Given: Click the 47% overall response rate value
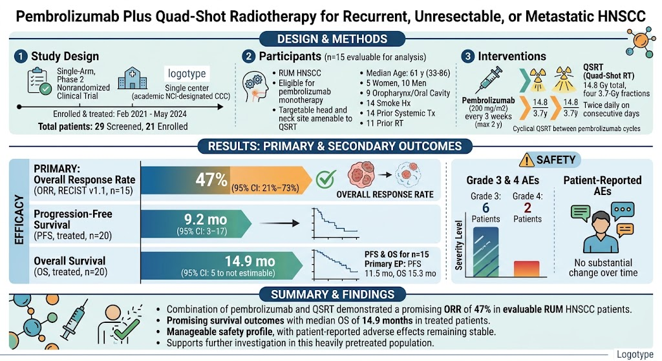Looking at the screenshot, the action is [x=211, y=180].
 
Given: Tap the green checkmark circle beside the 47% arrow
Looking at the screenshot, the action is [x=326, y=180].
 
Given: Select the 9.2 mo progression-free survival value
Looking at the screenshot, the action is [x=206, y=220].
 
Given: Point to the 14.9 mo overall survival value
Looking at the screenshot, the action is [x=250, y=261].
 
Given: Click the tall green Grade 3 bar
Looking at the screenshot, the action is [x=486, y=253].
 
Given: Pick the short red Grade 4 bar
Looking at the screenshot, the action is [x=526, y=269].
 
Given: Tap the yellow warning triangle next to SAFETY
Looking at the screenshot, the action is [x=526, y=160].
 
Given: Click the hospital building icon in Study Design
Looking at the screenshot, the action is [x=132, y=78].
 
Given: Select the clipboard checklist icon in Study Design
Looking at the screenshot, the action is [x=39, y=80].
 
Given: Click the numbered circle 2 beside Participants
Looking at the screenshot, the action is [x=249, y=57].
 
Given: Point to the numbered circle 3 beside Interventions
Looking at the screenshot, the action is [x=467, y=57].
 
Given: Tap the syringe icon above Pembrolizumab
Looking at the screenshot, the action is [x=489, y=79].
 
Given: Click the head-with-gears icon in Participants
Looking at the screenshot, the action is [x=255, y=87].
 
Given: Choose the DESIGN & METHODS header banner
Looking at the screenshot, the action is [x=332, y=39].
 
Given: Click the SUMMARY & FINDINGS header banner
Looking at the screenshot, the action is [x=333, y=294].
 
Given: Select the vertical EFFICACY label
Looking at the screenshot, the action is [x=19, y=220].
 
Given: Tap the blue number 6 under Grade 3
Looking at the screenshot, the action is [x=486, y=207].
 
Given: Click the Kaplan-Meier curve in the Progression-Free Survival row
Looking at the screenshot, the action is [x=336, y=223].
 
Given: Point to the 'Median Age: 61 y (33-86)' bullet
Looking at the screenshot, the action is [x=408, y=73].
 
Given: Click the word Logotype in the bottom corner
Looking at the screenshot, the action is [x=635, y=355].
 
